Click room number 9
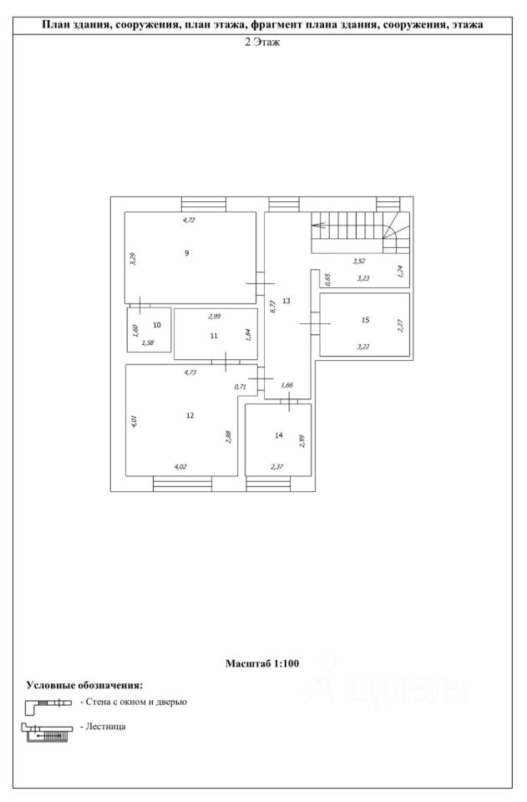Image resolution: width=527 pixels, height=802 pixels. [x=187, y=253]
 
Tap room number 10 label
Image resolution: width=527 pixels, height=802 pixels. [x=156, y=325]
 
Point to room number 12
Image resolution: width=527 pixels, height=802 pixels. [x=190, y=414]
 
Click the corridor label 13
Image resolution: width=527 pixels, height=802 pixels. [x=286, y=301]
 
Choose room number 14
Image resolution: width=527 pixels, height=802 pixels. [x=279, y=435]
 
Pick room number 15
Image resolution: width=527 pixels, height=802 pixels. [x=365, y=320]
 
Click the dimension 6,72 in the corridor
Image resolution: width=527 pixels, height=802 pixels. [x=272, y=305]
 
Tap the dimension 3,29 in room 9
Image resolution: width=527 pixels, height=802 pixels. [x=133, y=258]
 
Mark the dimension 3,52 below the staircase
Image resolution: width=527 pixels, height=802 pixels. [x=358, y=261]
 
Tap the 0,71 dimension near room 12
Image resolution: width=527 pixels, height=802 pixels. [x=241, y=386]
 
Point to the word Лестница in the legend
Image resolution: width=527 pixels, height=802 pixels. [x=104, y=728]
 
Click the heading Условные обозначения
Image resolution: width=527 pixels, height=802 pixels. [x=84, y=685]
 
